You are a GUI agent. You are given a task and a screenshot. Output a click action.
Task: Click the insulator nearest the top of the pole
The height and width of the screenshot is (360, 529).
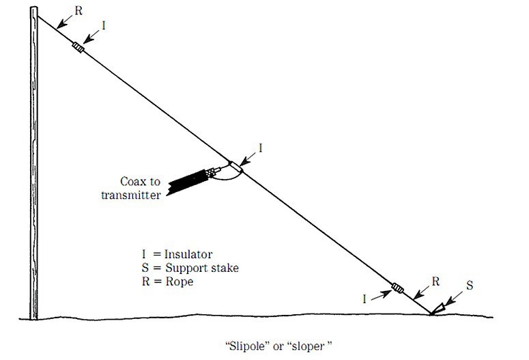79,49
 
